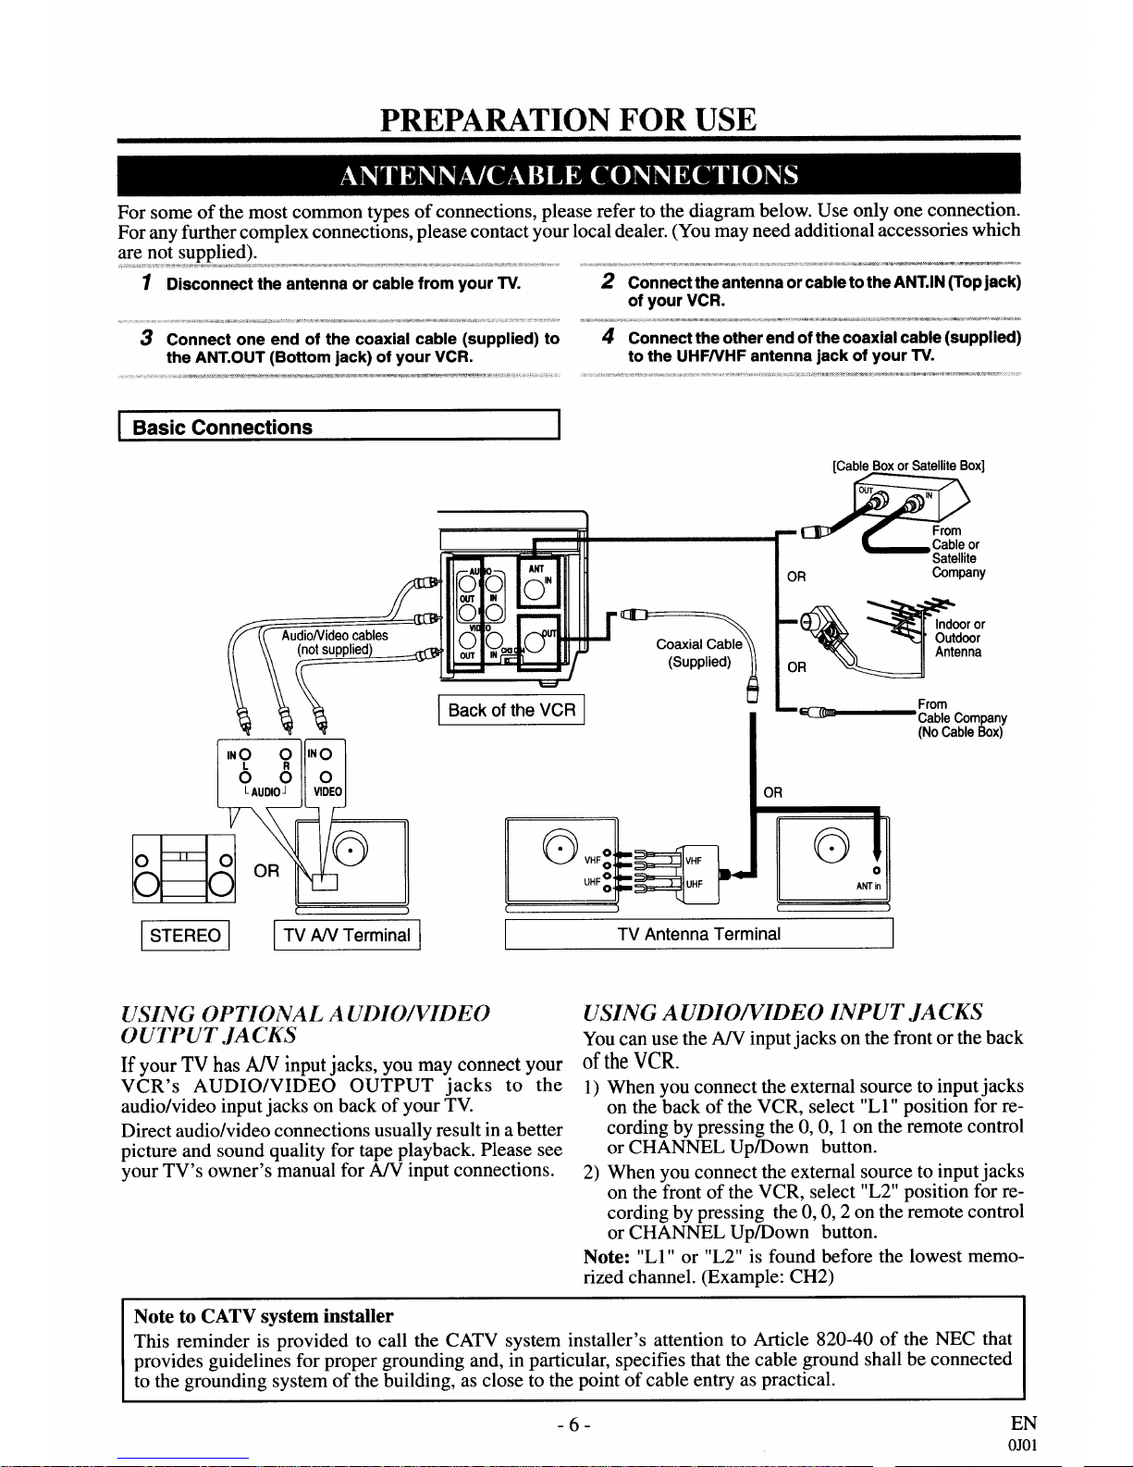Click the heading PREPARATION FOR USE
(568, 119)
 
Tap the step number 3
(146, 338)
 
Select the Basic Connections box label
(223, 428)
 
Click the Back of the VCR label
(511, 710)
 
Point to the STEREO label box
(186, 935)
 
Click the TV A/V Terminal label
(347, 935)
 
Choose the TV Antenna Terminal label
(698, 934)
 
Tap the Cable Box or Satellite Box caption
(908, 466)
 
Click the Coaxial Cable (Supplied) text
(699, 653)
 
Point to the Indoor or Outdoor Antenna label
(959, 638)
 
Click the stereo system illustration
(184, 868)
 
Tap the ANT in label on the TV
(868, 886)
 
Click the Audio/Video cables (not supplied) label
(335, 642)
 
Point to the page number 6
(574, 1425)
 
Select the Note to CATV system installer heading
(263, 1316)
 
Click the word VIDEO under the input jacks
(327, 791)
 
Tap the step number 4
(608, 336)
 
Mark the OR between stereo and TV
(266, 871)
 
